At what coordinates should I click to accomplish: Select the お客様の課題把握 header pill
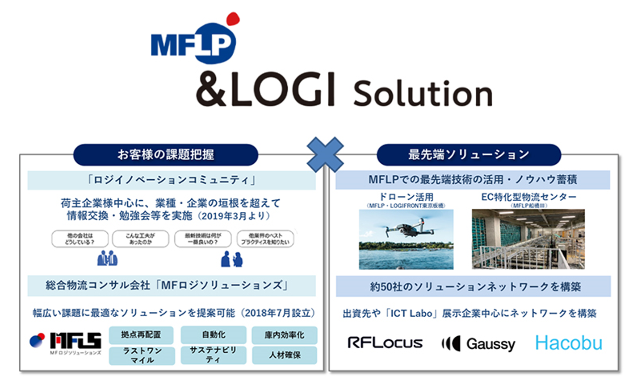click(x=166, y=155)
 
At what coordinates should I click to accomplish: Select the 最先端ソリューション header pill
click(x=469, y=155)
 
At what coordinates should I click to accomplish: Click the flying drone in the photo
click(x=408, y=228)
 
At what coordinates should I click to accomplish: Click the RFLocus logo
click(x=385, y=343)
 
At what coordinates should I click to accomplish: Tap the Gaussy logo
click(x=478, y=344)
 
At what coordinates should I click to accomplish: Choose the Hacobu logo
click(x=569, y=343)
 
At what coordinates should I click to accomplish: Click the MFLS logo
click(x=66, y=343)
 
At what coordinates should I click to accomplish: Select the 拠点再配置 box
click(x=142, y=334)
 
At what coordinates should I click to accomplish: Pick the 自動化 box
click(x=214, y=334)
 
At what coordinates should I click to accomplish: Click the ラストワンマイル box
click(x=142, y=355)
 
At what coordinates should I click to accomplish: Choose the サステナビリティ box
click(x=214, y=355)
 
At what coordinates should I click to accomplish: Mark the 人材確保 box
click(x=285, y=355)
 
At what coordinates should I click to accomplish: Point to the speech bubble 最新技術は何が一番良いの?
click(x=203, y=239)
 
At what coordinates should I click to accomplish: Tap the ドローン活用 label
click(x=406, y=197)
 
